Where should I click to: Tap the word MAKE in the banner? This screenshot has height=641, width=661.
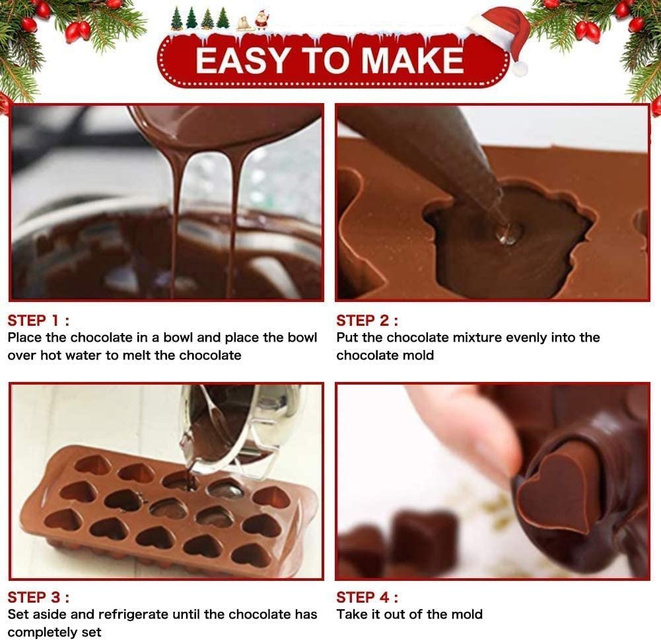point(412,60)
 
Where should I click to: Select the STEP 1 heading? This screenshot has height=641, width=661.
point(38,320)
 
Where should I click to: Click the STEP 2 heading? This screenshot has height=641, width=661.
point(366,320)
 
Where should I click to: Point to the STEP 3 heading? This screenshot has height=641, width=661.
point(38,597)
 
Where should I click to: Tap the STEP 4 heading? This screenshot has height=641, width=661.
point(366,597)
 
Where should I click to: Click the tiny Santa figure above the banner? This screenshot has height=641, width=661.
point(261,20)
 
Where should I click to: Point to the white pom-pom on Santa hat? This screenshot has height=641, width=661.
point(520,68)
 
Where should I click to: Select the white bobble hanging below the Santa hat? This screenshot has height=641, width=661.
point(520,68)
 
